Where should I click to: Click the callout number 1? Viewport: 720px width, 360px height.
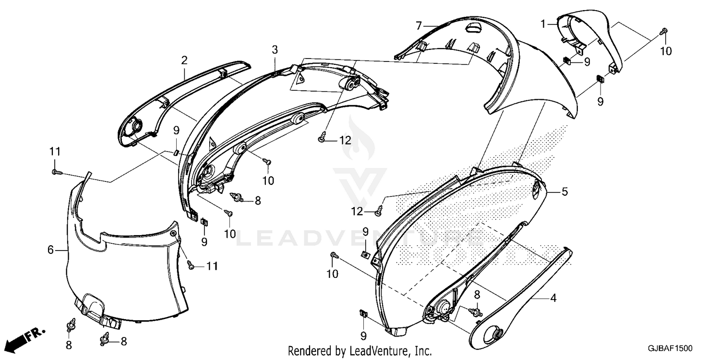tap(543, 24)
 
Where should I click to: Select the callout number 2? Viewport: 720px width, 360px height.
tap(184, 60)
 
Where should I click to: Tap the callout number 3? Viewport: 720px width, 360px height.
tap(275, 50)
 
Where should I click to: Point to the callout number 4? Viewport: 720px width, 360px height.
tap(553, 298)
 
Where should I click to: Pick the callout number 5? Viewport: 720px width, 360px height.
tap(565, 192)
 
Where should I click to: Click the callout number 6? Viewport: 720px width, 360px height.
tap(50, 250)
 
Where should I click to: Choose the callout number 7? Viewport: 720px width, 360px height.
tap(419, 26)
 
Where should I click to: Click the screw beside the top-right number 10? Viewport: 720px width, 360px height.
tap(663, 32)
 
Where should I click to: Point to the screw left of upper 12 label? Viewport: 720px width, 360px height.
tap(322, 138)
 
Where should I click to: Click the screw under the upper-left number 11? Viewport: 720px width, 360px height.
tap(56, 173)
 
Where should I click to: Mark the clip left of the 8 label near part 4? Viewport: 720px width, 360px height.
tap(475, 312)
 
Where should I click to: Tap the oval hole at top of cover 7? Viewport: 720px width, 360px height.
tap(472, 27)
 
